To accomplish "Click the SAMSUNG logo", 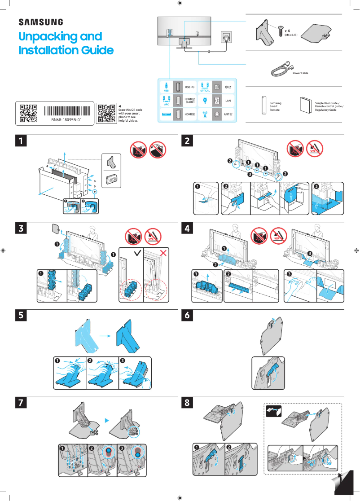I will tap(40, 22).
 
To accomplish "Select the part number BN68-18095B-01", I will tap(66, 120).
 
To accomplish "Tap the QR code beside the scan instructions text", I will tap(106, 113).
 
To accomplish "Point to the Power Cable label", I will tap(300, 73).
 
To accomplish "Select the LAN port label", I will tap(228, 101).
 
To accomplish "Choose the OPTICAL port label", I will tap(205, 90).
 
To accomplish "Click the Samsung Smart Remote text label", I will tap(275, 106).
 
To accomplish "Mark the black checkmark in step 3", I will tap(137, 254).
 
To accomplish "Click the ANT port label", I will tap(228, 115).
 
